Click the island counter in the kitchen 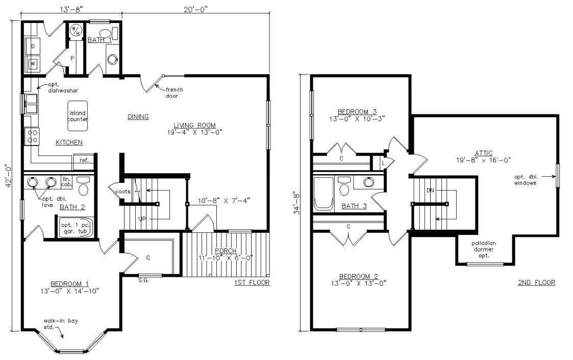78,116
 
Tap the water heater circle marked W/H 76,31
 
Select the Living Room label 195,125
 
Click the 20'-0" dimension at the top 195,9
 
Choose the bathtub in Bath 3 324,194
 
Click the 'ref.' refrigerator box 84,160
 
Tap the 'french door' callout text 174,92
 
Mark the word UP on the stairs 142,219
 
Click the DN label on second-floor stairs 430,190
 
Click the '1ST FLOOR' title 252,282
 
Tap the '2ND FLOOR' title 536,282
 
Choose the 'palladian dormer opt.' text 484,250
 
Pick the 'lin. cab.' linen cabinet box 67,182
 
